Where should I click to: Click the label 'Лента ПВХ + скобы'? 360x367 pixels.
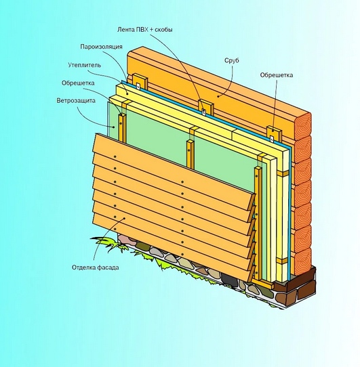point(145,30)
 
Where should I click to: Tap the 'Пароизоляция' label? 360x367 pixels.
point(101,47)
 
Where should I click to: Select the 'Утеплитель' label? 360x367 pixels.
point(85,65)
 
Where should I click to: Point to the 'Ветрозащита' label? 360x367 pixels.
point(76,101)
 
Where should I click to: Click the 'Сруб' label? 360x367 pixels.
point(232,60)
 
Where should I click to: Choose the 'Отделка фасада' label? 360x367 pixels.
point(96,267)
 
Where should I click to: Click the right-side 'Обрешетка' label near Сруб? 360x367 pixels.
point(277,75)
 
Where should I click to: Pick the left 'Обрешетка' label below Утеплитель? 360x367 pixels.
point(78,83)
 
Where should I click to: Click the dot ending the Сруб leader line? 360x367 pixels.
point(218,96)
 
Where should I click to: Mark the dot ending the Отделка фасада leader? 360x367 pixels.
point(124,218)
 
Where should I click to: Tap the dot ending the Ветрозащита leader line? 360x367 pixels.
point(114,127)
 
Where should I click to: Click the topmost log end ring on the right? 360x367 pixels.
point(303,125)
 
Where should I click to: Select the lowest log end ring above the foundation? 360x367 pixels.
point(303,261)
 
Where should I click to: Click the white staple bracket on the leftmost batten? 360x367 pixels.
point(138,86)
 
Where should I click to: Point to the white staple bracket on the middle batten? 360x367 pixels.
point(204,112)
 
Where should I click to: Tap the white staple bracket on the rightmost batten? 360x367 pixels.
point(272,139)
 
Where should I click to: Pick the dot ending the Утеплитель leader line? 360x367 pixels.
point(127,93)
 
